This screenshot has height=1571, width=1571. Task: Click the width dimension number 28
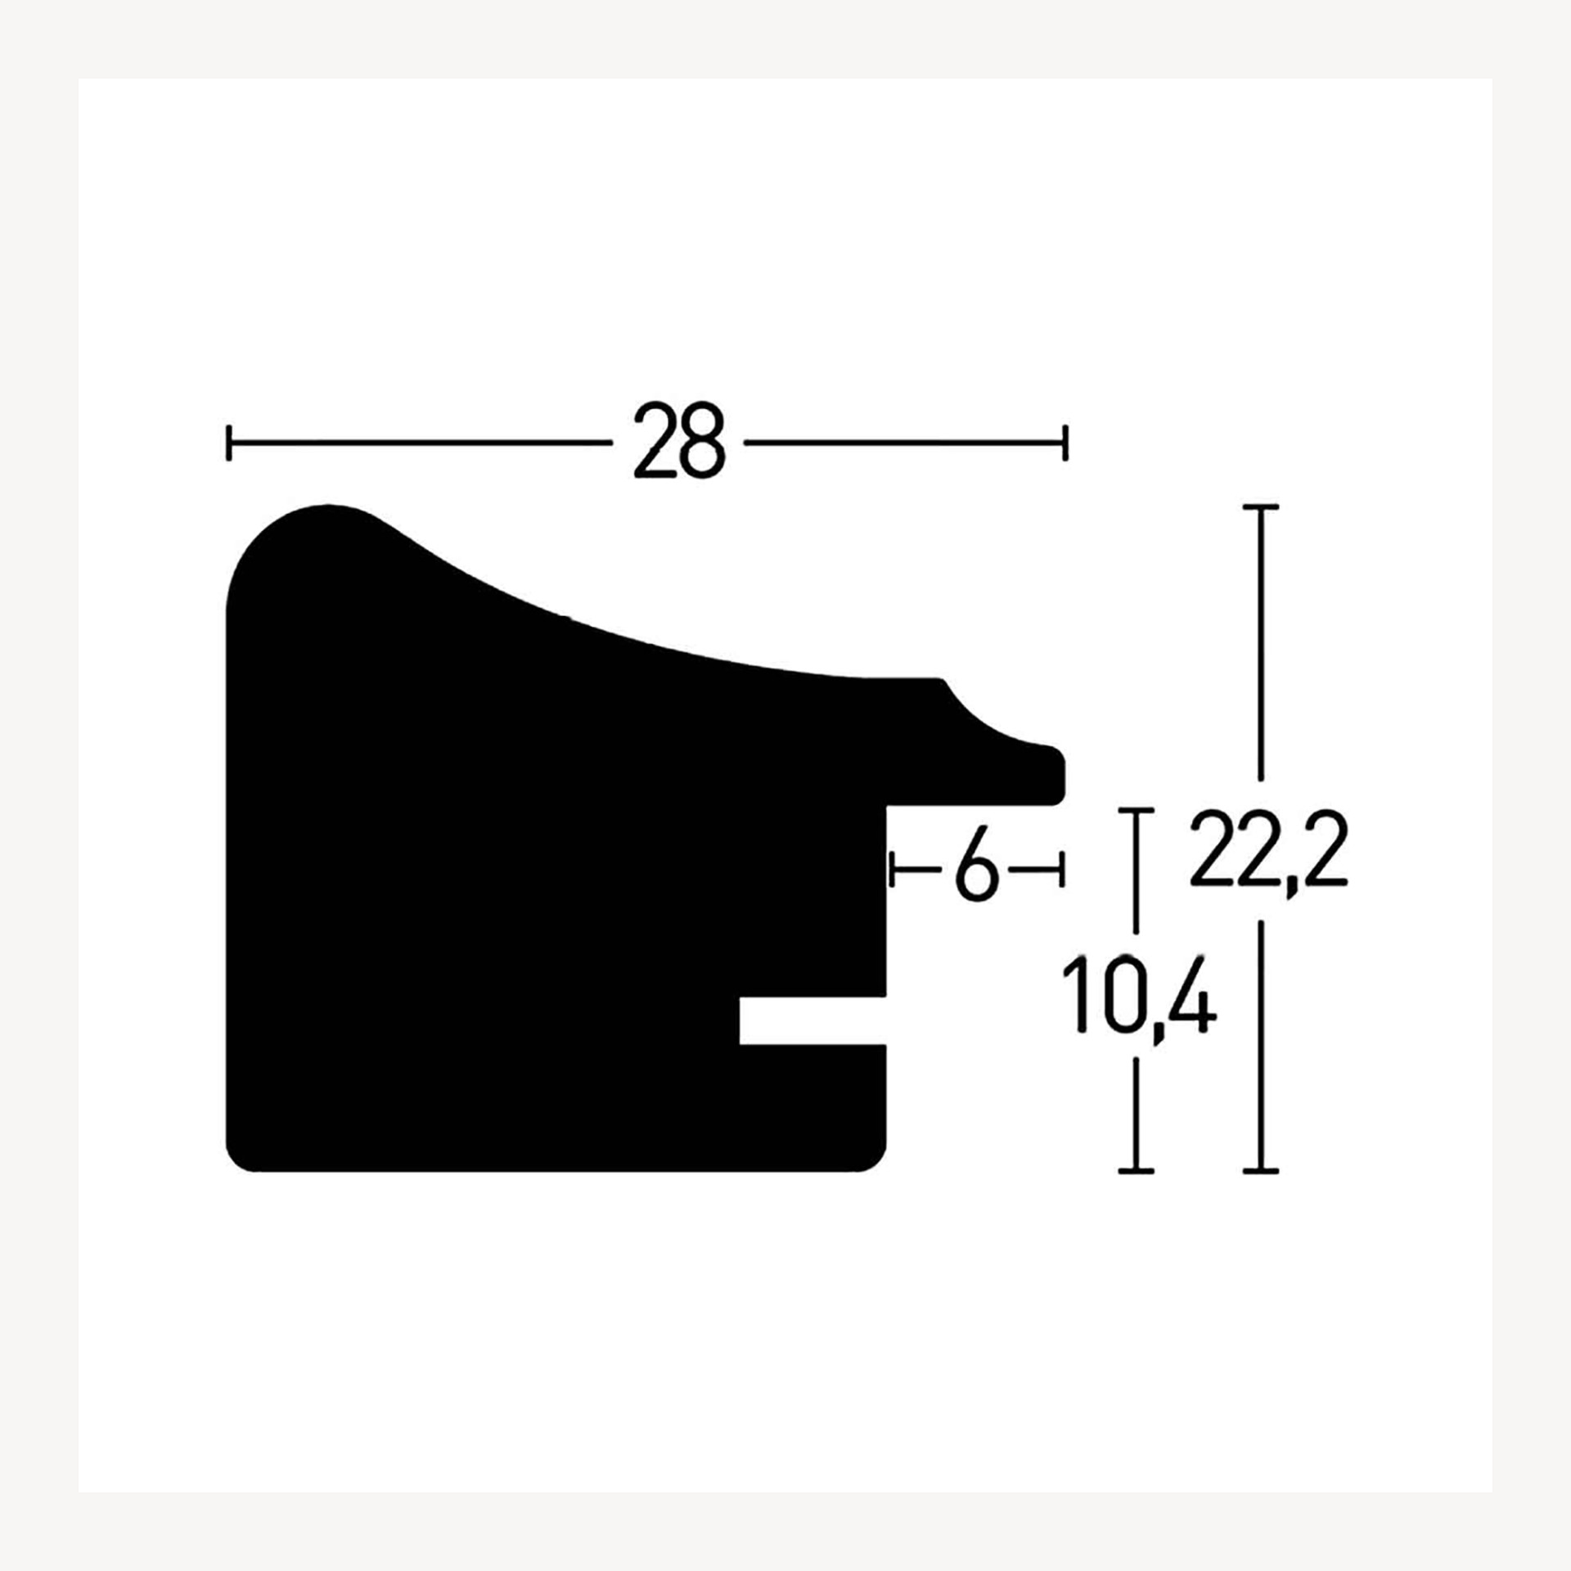(679, 439)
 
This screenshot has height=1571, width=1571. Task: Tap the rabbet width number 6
(977, 870)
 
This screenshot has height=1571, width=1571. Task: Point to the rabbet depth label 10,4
(1139, 1001)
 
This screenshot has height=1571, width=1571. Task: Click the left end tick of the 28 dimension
(228, 443)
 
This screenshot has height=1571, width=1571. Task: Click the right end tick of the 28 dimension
(1065, 443)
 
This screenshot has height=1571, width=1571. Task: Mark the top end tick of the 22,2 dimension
(1260, 508)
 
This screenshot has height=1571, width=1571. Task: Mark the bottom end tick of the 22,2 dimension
(1260, 1172)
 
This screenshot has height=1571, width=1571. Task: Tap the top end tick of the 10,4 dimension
(1136, 810)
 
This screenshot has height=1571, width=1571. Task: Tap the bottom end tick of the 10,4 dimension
(1136, 1172)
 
